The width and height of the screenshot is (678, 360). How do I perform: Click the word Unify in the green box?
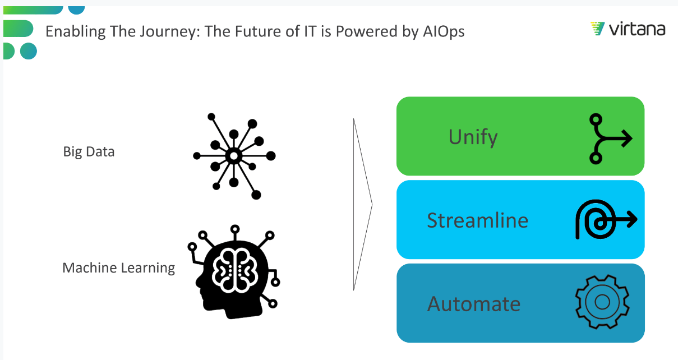[473, 137]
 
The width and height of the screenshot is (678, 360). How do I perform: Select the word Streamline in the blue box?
[477, 220]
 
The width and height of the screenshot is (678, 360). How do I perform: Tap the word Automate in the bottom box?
[474, 303]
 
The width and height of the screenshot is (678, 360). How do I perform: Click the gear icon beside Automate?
[602, 302]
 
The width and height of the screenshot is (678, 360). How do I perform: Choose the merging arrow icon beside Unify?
[609, 139]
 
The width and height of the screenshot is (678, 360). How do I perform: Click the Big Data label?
[89, 151]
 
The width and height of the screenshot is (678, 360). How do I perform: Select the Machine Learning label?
[118, 268]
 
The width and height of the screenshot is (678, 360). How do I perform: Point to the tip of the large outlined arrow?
[372, 205]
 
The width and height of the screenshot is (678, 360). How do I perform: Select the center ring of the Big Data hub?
[234, 155]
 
